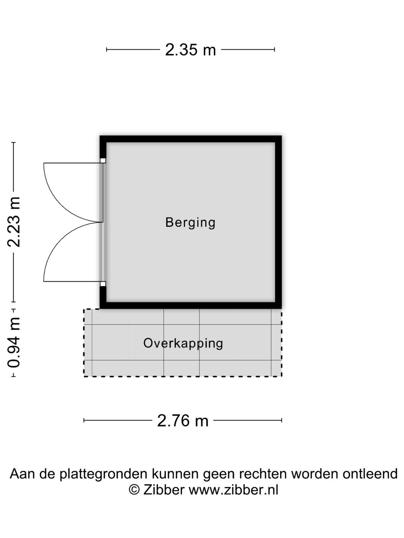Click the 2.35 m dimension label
pyautogui.click(x=190, y=50)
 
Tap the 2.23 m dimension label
pyautogui.click(x=14, y=222)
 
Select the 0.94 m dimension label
pyautogui.click(x=14, y=343)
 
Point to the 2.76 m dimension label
pyautogui.click(x=183, y=421)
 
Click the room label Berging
pyautogui.click(x=190, y=223)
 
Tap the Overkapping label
pyautogui.click(x=183, y=343)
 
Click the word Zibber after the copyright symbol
pyautogui.click(x=163, y=490)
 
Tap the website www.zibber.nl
pyautogui.click(x=233, y=490)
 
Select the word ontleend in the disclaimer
pyautogui.click(x=370, y=473)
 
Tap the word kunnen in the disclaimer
pyautogui.click(x=175, y=473)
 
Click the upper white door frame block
pyautogui.click(x=103, y=161)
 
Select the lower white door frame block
pyautogui.click(x=103, y=284)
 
